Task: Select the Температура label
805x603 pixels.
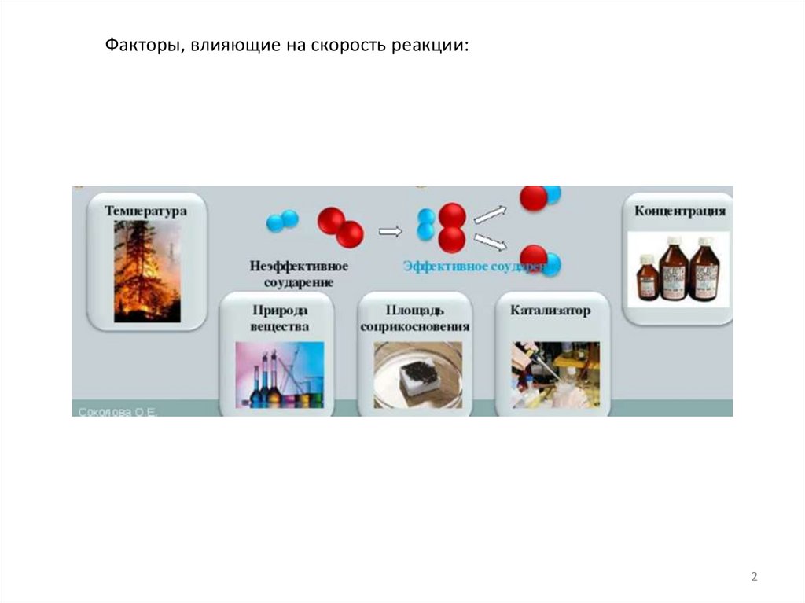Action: point(146,211)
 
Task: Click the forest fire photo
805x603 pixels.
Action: point(147,271)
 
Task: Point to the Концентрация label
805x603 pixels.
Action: point(679,211)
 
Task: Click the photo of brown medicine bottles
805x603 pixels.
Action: point(678,269)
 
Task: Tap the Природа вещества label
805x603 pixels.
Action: point(275,318)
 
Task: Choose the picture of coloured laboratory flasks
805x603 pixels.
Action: point(279,374)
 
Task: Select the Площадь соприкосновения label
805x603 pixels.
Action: point(414,318)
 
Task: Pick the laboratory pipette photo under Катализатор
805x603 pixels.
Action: point(555,374)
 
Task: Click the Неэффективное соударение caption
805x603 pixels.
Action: point(298,274)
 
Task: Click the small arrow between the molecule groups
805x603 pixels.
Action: point(391,231)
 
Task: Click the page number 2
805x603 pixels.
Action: point(754,578)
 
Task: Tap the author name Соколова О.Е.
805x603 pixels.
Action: point(117,411)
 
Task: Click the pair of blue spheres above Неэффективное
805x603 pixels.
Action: point(282,220)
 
